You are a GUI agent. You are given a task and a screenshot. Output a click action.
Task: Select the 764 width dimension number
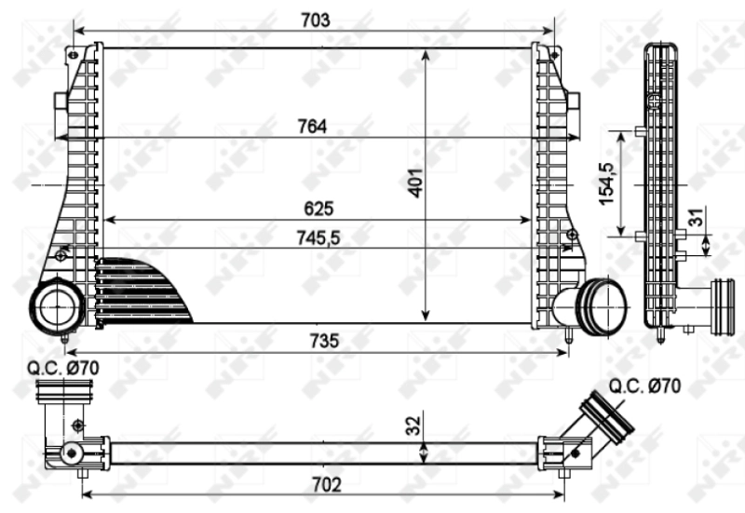click(x=312, y=128)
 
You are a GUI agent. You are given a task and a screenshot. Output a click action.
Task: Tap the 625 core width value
click(x=318, y=209)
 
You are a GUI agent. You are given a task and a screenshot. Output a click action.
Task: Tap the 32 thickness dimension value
click(x=413, y=426)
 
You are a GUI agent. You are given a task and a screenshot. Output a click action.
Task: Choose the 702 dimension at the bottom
click(x=327, y=485)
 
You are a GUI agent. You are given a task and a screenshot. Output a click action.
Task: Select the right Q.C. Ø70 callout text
click(x=643, y=385)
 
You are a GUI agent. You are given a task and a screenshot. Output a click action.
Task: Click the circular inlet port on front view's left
click(x=58, y=305)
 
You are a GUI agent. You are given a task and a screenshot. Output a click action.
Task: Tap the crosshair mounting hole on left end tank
click(x=61, y=254)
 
